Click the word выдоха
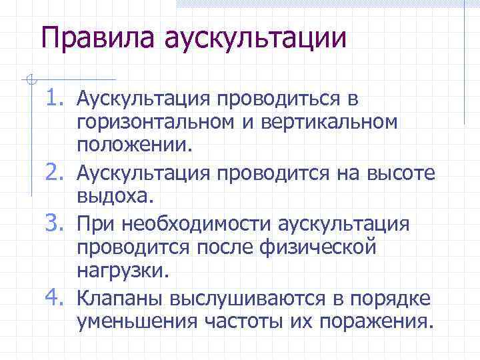tap(115, 197)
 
